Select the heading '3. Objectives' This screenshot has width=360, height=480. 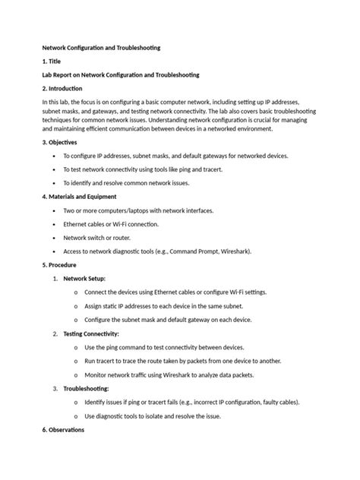point(62,142)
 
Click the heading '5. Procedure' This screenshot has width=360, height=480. point(62,265)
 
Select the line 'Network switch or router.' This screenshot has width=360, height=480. point(99,238)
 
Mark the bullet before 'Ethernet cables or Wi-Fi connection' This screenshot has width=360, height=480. point(55,224)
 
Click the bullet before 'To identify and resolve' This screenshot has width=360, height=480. point(55,183)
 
